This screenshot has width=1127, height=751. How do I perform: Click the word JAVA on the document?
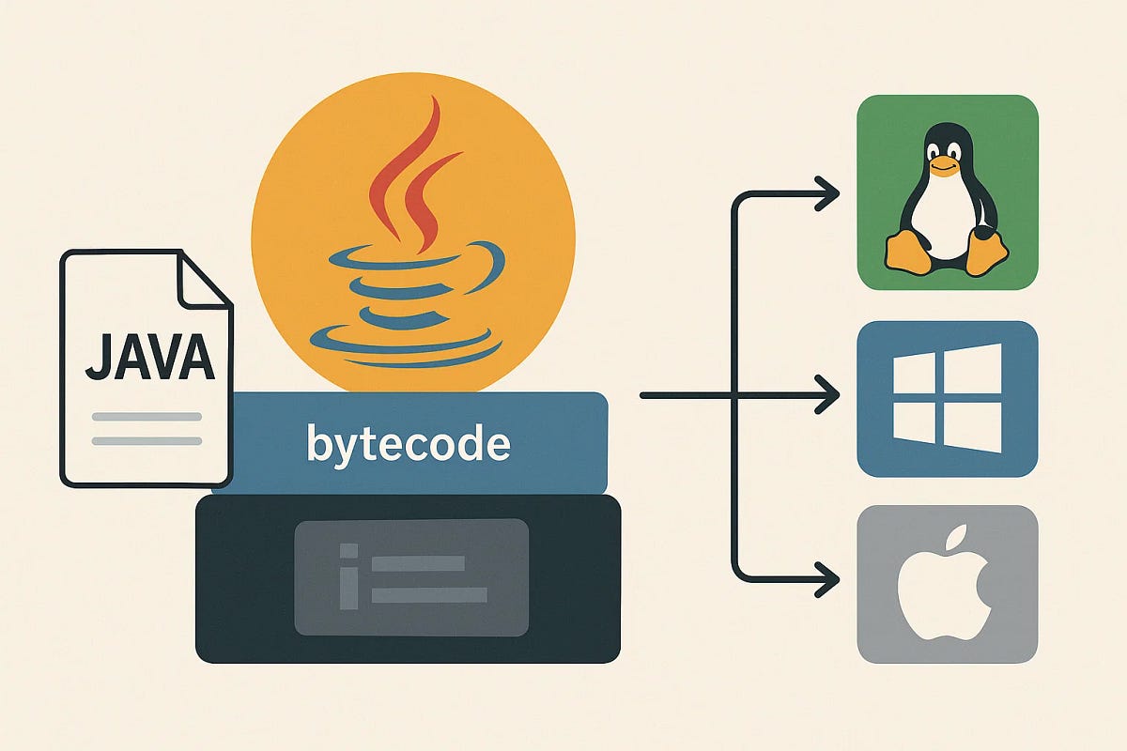pyautogui.click(x=147, y=359)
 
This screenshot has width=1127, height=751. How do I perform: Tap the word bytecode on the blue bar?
pyautogui.click(x=409, y=443)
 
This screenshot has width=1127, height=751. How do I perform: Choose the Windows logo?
pyautogui.click(x=947, y=398)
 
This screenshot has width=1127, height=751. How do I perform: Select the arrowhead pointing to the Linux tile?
pyautogui.click(x=826, y=195)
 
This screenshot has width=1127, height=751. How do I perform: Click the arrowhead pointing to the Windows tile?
pyautogui.click(x=826, y=396)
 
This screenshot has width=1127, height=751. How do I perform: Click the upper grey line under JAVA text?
pyautogui.click(x=147, y=416)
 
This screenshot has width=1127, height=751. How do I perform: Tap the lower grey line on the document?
pyautogui.click(x=147, y=440)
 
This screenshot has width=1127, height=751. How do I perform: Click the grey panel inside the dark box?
pyautogui.click(x=411, y=576)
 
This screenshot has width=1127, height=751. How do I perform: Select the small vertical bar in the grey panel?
pyautogui.click(x=349, y=578)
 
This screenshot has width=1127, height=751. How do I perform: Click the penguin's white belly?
pyautogui.click(x=947, y=221)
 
